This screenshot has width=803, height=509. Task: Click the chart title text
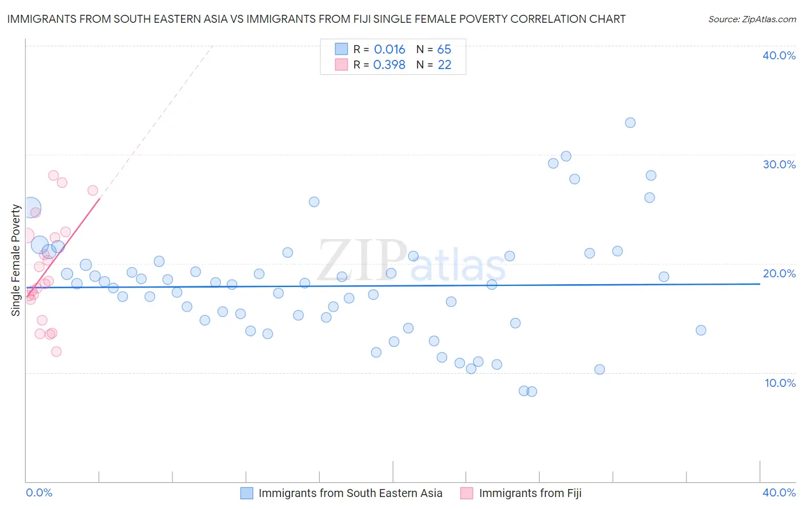[316, 19]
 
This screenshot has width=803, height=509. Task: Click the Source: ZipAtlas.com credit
[752, 19]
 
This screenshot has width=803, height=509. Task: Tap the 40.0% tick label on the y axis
[779, 55]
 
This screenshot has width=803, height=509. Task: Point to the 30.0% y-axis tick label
[779, 164]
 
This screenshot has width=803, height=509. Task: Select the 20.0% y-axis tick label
[779, 273]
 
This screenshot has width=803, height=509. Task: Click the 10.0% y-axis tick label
[780, 383]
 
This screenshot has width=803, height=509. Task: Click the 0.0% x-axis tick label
[39, 492]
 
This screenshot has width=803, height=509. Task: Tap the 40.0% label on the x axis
[779, 492]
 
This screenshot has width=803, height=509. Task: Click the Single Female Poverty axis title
[16, 260]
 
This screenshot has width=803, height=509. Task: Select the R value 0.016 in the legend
[390, 50]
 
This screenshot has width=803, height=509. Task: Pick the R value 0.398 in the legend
[389, 65]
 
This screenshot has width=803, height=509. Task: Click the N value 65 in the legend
[444, 50]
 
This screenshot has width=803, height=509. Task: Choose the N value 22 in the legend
[444, 65]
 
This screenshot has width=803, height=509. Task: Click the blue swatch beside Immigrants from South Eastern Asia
[247, 493]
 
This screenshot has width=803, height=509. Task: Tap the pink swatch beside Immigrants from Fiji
[467, 493]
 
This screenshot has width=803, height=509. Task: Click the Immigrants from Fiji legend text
[530, 493]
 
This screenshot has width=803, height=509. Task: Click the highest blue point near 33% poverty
[630, 123]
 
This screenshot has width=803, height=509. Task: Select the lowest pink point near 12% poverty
[56, 352]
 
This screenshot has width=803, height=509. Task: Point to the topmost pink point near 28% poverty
[53, 175]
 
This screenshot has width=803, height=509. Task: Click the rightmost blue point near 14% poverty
[701, 330]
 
